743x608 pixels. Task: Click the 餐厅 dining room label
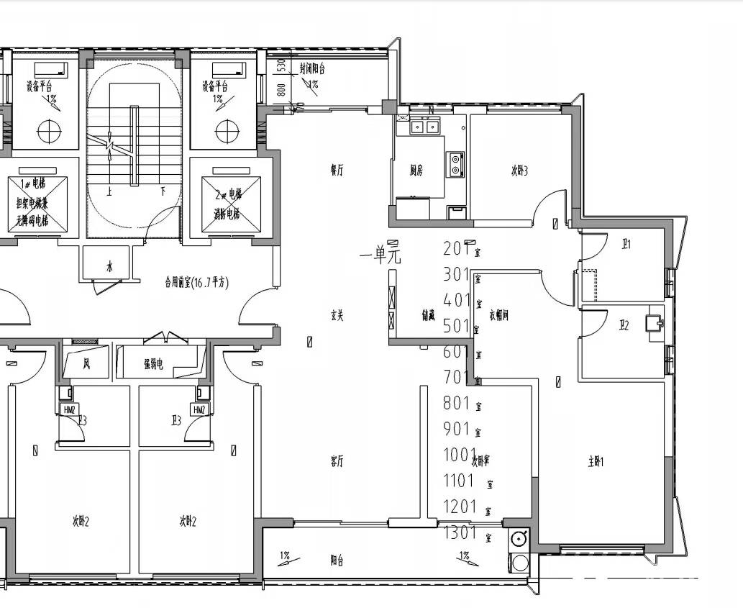(337, 171)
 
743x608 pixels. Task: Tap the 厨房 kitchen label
(416, 171)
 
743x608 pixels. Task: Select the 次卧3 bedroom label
(520, 171)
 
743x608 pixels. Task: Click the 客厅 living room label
(337, 462)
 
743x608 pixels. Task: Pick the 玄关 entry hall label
(337, 314)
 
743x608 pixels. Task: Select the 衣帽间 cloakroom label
(498, 314)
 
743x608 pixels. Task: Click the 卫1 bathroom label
(626, 245)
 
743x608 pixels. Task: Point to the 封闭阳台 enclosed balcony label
(312, 69)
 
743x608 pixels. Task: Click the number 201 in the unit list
(457, 248)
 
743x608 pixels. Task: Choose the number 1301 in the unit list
(460, 533)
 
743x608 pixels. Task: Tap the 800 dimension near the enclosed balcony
(281, 90)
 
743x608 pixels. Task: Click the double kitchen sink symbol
(424, 127)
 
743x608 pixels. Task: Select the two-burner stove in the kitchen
(455, 164)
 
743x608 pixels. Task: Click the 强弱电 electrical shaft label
(153, 365)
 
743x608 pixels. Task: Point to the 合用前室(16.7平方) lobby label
(196, 283)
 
